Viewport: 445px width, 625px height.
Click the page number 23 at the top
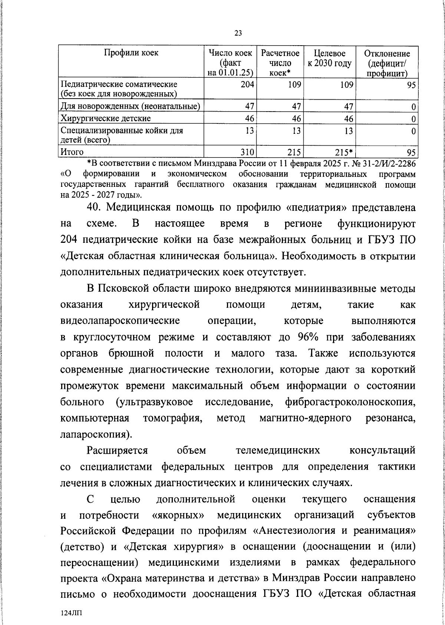[x=238, y=33]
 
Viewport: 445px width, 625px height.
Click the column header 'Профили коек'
[x=131, y=53]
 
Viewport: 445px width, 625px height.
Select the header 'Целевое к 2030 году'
[x=329, y=59]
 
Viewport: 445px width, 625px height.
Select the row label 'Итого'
[x=72, y=152]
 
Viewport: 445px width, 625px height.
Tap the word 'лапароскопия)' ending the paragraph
[x=96, y=434]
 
